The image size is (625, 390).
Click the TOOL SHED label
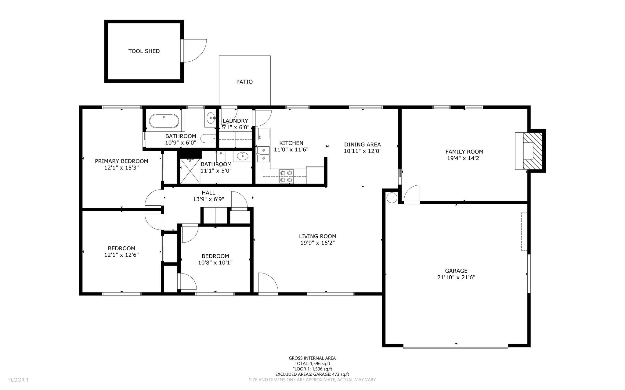point(144,51)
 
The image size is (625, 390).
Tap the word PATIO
point(244,82)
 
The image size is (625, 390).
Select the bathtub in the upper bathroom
point(164,121)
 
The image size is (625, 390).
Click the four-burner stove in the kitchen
point(286,176)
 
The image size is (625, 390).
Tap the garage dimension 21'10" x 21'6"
point(456,277)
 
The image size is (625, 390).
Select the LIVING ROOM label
point(317,236)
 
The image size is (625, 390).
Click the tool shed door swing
point(194,51)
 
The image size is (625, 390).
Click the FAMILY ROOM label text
point(464,152)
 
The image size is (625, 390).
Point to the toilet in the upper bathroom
point(209,138)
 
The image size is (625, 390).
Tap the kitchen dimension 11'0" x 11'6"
point(291,150)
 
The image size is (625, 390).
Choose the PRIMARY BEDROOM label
point(121,161)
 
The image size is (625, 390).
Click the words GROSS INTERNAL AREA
point(312,358)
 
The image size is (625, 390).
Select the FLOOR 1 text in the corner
point(18,380)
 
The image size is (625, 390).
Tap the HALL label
point(208,193)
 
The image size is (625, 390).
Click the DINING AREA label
point(363,145)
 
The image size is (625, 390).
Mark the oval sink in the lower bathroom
point(242,157)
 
